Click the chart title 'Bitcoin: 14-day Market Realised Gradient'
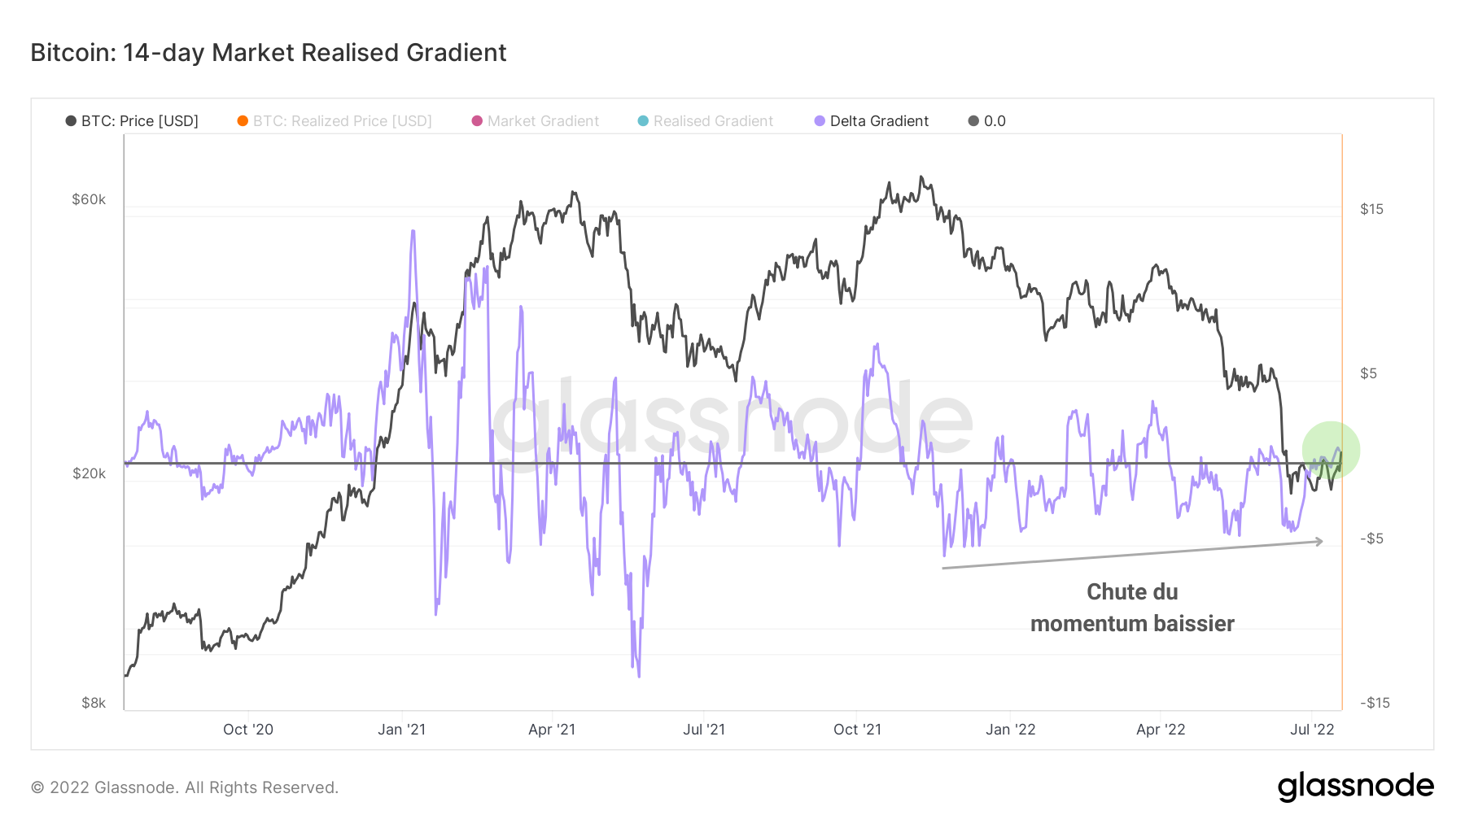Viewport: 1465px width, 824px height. pos(269,53)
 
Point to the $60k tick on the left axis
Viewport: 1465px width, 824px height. pos(89,199)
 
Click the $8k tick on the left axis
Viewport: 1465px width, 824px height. pos(94,703)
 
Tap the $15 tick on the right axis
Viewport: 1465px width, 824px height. pos(1371,209)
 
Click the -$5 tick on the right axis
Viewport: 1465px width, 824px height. pos(1371,538)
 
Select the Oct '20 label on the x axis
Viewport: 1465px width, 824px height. pos(248,730)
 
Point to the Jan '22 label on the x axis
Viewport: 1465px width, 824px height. pos(1010,730)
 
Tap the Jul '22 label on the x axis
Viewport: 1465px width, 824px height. pos(1312,730)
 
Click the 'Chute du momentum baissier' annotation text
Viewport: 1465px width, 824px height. pos(1132,608)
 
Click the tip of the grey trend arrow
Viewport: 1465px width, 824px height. pos(1323,541)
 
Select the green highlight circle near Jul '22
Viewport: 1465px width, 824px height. pos(1331,450)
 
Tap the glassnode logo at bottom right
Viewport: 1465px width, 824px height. pos(1355,787)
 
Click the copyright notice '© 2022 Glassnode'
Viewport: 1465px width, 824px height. pos(185,787)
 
